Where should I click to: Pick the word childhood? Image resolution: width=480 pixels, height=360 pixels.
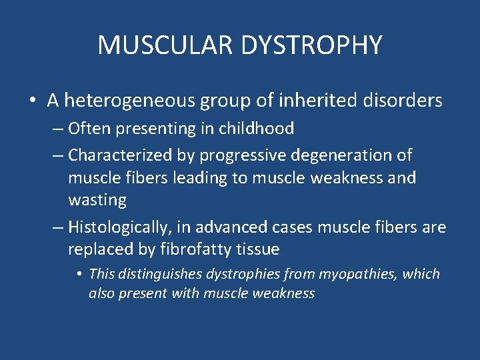click(256, 128)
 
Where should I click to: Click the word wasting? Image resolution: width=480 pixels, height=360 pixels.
click(97, 200)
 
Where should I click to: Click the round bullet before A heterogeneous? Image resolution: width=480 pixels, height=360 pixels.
click(33, 101)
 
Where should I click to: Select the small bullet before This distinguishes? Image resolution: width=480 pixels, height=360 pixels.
click(79, 274)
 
